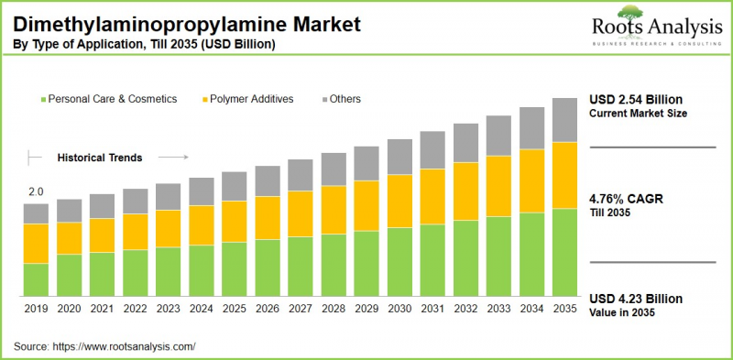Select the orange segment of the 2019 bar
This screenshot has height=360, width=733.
[36, 244]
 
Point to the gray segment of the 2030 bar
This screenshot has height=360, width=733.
[399, 157]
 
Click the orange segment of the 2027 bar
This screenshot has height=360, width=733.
[301, 213]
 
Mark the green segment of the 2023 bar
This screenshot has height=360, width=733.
[168, 271]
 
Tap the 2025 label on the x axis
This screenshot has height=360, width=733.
[235, 310]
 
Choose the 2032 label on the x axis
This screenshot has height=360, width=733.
[465, 310]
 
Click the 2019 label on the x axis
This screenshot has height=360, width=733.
[36, 310]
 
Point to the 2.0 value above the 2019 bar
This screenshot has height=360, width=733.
[36, 192]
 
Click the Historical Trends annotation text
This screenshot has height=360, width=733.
[100, 158]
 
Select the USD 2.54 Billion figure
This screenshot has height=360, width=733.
[637, 99]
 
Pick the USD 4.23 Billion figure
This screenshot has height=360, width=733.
[637, 299]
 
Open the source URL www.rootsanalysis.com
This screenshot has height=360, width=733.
[126, 346]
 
